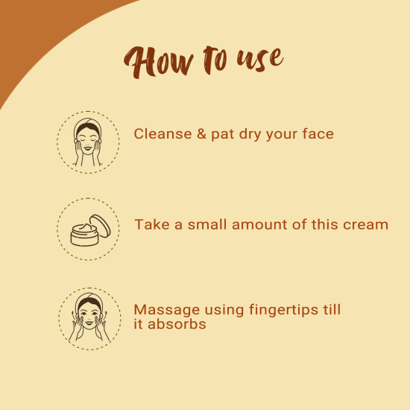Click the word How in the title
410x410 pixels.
(159, 62)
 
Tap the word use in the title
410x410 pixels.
(259, 60)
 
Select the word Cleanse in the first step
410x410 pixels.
(163, 134)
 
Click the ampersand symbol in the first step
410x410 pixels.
(201, 134)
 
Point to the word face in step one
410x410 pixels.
(318, 133)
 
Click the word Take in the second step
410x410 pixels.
(151, 224)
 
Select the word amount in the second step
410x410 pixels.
(259, 225)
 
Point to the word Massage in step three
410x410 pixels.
(167, 311)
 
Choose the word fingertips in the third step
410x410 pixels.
(284, 310)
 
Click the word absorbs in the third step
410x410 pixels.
(177, 324)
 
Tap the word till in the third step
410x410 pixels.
(332, 309)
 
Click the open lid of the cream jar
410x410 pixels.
(100, 226)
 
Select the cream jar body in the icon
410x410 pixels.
(84, 236)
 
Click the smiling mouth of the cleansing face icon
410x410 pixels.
(88, 149)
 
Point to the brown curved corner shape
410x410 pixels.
(40, 31)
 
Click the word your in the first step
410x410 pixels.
(282, 136)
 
